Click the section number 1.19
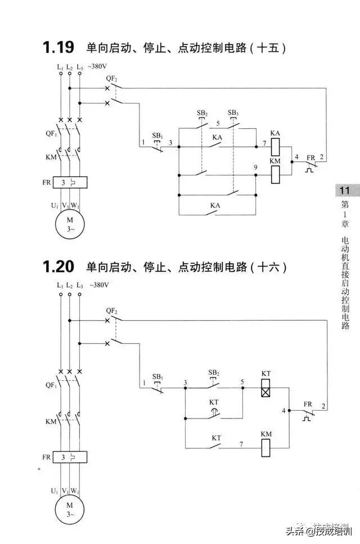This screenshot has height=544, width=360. pos(58,47)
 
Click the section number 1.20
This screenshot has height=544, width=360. pos(58,266)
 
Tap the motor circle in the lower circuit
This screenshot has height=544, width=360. pos(70,510)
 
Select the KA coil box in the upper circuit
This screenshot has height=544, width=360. pos(275,147)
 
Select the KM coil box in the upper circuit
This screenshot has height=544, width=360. pos(275,175)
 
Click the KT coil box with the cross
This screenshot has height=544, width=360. pos(265,388)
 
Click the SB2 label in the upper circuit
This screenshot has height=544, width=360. pos(202,113)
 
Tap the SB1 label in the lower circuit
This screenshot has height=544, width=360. pos(158,376)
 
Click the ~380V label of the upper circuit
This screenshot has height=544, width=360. pos(100,66)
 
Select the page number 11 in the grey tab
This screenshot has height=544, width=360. pos(344,190)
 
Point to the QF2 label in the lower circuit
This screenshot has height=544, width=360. pos(111,311)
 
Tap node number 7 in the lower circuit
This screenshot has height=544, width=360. pos(241,444)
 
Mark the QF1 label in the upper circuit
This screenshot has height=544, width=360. pos(51,134)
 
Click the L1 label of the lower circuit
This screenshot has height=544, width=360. pos(60,285)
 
